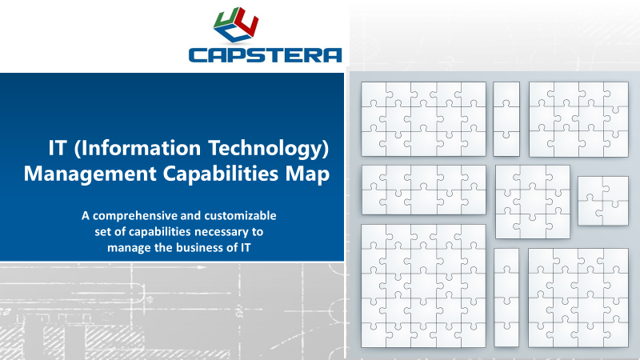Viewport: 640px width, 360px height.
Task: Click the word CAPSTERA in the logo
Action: (266, 54)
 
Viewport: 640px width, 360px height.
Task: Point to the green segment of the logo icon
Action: (222, 21)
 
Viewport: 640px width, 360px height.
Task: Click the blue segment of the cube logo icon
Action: (237, 33)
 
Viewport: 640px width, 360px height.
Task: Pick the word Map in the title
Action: (310, 174)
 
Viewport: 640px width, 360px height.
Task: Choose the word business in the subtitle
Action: (196, 247)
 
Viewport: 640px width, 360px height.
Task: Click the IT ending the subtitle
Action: (247, 247)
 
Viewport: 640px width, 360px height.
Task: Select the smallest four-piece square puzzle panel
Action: (603, 201)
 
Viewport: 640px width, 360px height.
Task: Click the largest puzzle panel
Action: (424, 286)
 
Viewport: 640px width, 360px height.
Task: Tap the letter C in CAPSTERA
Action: (199, 54)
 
